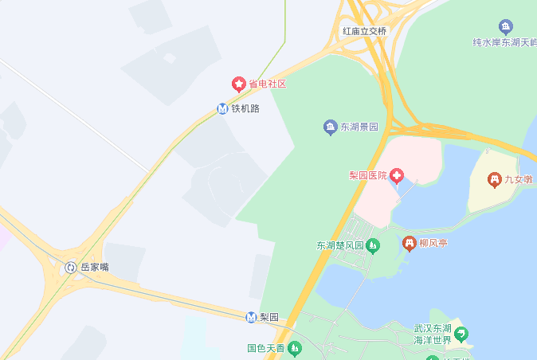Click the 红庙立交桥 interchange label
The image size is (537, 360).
tap(364, 31)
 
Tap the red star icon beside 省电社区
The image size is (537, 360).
tap(238, 84)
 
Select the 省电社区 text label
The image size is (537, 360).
tap(267, 84)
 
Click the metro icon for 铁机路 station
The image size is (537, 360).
tap(223, 108)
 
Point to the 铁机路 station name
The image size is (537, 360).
tap(245, 108)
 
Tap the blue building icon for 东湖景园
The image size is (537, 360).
tap(330, 127)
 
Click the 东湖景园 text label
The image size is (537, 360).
tap(359, 127)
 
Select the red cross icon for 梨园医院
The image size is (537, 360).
tap(396, 175)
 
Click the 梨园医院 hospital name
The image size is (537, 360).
tap(367, 175)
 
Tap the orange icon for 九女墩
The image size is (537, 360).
tap(495, 180)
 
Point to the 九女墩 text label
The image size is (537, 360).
tap(518, 180)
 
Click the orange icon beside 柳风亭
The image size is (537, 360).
tap(410, 243)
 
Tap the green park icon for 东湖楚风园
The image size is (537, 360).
tap(373, 245)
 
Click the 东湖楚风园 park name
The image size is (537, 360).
tap(340, 245)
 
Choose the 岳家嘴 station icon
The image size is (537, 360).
tap(71, 268)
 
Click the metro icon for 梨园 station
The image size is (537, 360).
tap(251, 317)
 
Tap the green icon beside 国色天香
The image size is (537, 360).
tap(295, 348)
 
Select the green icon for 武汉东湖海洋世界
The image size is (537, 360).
tap(461, 334)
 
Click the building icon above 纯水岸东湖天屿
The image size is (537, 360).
tap(505, 26)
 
